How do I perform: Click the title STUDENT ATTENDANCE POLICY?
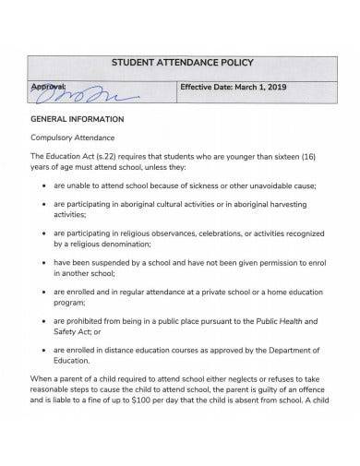pyautogui.click(x=182, y=63)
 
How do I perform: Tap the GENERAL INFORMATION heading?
pyautogui.click(x=78, y=120)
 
